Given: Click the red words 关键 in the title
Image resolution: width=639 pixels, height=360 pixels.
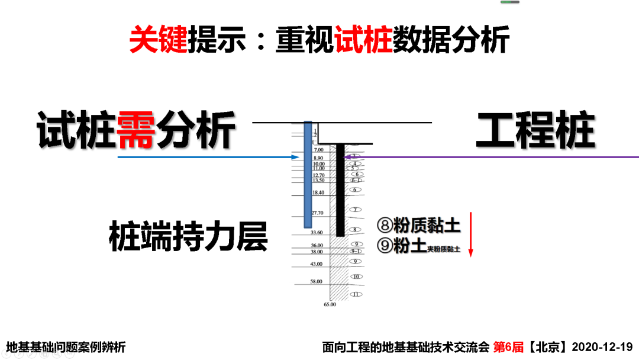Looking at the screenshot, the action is coord(158,40).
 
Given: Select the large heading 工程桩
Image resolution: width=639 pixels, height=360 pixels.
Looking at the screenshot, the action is coord(535,130).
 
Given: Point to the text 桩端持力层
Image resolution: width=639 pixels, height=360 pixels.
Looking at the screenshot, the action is coord(188,237).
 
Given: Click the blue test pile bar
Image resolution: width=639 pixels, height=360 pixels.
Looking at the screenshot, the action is coord(308,175).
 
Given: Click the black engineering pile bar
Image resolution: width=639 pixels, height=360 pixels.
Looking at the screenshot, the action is coord(340,189).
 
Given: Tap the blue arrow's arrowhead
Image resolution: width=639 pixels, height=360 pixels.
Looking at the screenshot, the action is coord(296,157).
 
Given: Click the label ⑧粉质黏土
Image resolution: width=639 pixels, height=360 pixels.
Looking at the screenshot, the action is coord(418,226).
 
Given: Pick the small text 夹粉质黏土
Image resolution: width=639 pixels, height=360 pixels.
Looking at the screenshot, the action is coord(444,249).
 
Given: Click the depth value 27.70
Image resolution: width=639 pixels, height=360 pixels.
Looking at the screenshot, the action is coord(318,213).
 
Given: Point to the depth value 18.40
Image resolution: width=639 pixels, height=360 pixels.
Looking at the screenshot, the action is coord(318,192).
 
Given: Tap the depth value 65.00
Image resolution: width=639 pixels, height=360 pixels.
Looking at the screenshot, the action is coord(330,304).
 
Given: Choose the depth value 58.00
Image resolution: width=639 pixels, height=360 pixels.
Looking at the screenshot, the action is coord(317,282).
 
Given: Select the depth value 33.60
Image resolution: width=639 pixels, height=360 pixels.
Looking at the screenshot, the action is coord(317,233).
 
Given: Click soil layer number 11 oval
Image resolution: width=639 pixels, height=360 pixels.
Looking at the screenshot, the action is coord(356,294).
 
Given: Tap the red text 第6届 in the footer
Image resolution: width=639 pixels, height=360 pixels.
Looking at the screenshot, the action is coord(508,347).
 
